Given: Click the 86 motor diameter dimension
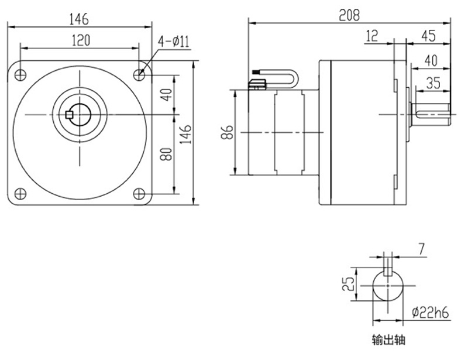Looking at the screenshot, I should click(228, 132).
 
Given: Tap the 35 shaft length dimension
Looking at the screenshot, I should click(433, 83).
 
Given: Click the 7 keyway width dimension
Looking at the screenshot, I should click(421, 251).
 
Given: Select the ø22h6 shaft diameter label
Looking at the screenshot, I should click(431, 313).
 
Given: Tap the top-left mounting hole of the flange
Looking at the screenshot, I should click(20, 74).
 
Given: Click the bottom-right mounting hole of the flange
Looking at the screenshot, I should click(140, 193).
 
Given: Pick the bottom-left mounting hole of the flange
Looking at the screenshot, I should click(20, 193).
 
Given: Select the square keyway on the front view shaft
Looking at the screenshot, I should click(69, 114).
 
